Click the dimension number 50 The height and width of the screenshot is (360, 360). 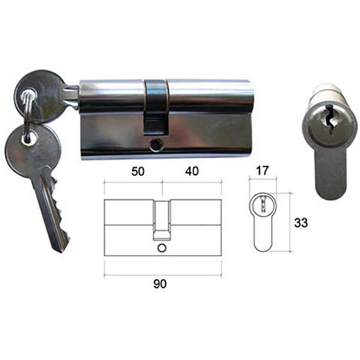[138, 171]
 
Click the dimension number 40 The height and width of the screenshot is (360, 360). [192, 171]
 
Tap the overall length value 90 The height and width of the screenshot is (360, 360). [160, 284]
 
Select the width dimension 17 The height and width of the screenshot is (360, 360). [262, 170]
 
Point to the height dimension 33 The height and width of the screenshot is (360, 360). [301, 223]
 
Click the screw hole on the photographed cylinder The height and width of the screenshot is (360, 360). [156, 146]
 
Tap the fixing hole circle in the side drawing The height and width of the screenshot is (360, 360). [161, 248]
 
